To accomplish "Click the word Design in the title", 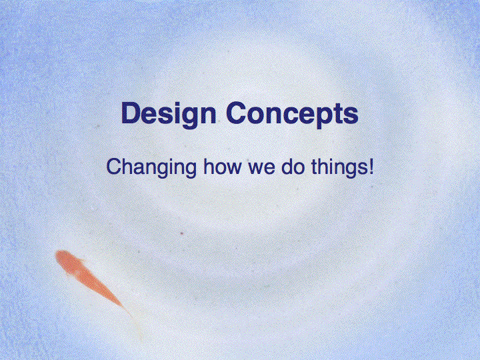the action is tap(169, 115).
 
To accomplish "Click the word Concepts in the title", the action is tap(293, 115).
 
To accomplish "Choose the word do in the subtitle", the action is tap(293, 166).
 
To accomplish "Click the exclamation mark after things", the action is tap(371, 166).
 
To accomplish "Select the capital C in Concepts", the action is tap(237, 113).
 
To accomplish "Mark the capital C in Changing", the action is tap(115, 166).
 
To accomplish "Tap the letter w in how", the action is tap(233, 169).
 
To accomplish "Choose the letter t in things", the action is tap(315, 167).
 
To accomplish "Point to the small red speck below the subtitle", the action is tap(182, 233).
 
